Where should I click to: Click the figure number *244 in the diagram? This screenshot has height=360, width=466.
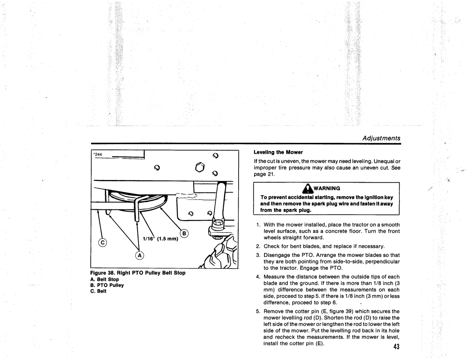(x=97, y=155)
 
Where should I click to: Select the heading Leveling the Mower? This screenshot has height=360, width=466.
(x=279, y=152)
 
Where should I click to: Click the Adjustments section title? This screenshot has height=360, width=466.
(x=381, y=138)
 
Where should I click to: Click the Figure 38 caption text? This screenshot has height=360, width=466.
(x=137, y=273)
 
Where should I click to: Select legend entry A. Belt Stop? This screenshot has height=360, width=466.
(x=104, y=279)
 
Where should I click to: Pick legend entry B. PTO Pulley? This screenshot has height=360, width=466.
(x=107, y=285)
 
